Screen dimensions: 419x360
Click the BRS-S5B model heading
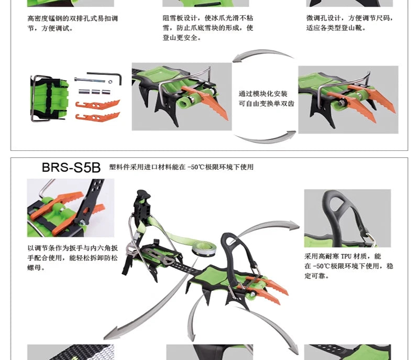point(71,168)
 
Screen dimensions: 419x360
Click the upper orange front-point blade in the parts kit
point(97,104)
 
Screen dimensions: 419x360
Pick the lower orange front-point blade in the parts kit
point(97,117)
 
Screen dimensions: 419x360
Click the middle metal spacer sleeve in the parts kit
point(96,92)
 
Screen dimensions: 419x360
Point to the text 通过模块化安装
point(263,94)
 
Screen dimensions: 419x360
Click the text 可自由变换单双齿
point(267,103)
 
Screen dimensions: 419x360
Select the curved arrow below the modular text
point(264,139)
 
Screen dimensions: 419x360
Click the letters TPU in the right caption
point(346,257)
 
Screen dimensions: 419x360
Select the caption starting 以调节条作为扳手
point(72,258)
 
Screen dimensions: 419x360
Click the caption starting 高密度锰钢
point(72,23)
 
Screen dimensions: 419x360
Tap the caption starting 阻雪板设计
point(208,28)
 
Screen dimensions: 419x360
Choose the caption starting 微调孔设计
point(350,23)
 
